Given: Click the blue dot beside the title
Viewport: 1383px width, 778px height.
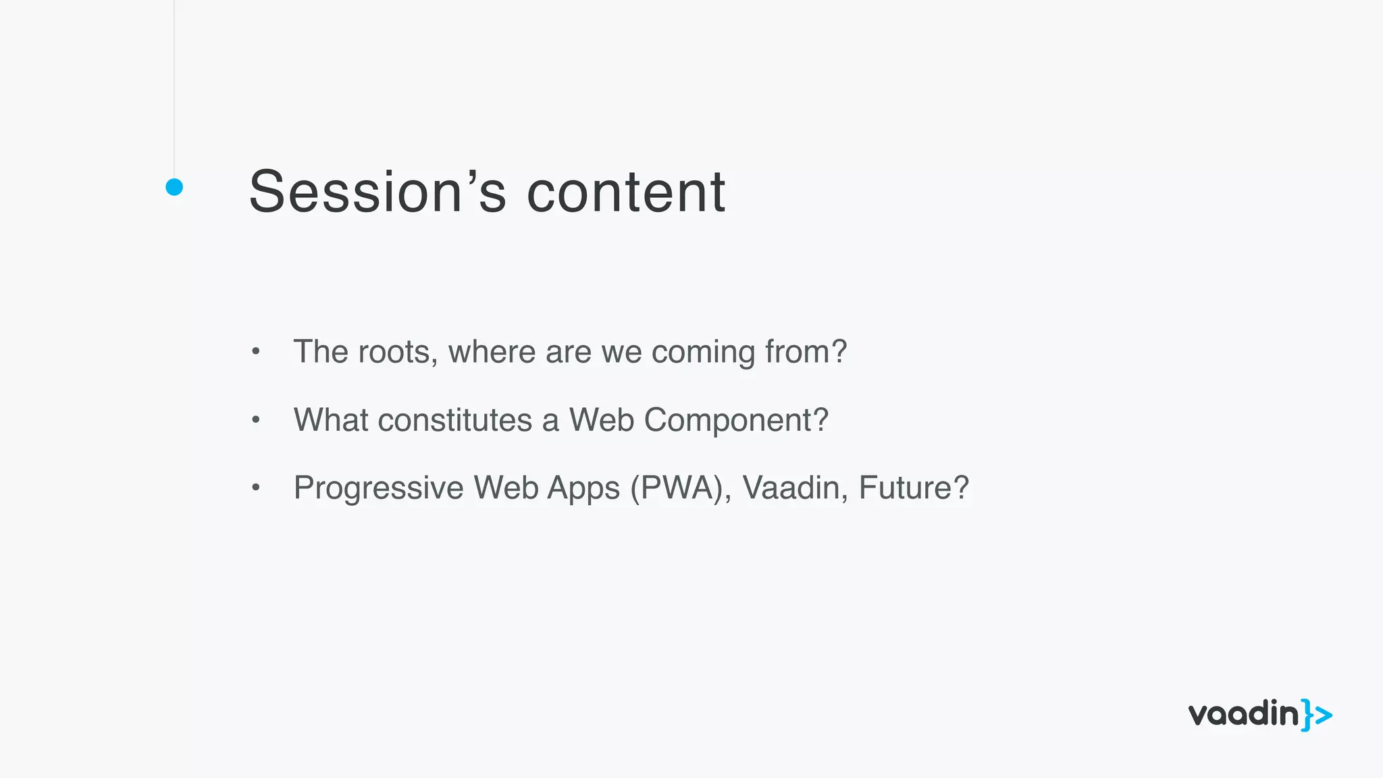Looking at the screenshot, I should click(174, 187).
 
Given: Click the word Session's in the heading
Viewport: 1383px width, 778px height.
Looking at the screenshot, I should click(377, 192).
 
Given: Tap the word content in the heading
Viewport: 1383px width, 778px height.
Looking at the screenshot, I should click(625, 192).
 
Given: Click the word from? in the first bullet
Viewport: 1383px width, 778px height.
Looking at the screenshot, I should click(806, 352).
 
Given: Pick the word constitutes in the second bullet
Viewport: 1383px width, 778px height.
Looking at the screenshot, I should click(455, 420).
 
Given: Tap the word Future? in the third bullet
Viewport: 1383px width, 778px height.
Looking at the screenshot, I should click(914, 488).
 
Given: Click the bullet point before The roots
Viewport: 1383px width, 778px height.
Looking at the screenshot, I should click(255, 352).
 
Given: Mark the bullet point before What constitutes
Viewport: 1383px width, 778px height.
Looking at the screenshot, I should click(255, 420).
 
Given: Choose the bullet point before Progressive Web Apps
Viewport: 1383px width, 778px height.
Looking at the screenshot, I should click(255, 488).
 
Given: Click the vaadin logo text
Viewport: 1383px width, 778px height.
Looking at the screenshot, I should click(1243, 715).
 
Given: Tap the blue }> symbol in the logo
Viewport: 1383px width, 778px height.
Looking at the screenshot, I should click(1317, 715).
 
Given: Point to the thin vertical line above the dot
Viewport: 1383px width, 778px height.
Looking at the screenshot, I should click(174, 88).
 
